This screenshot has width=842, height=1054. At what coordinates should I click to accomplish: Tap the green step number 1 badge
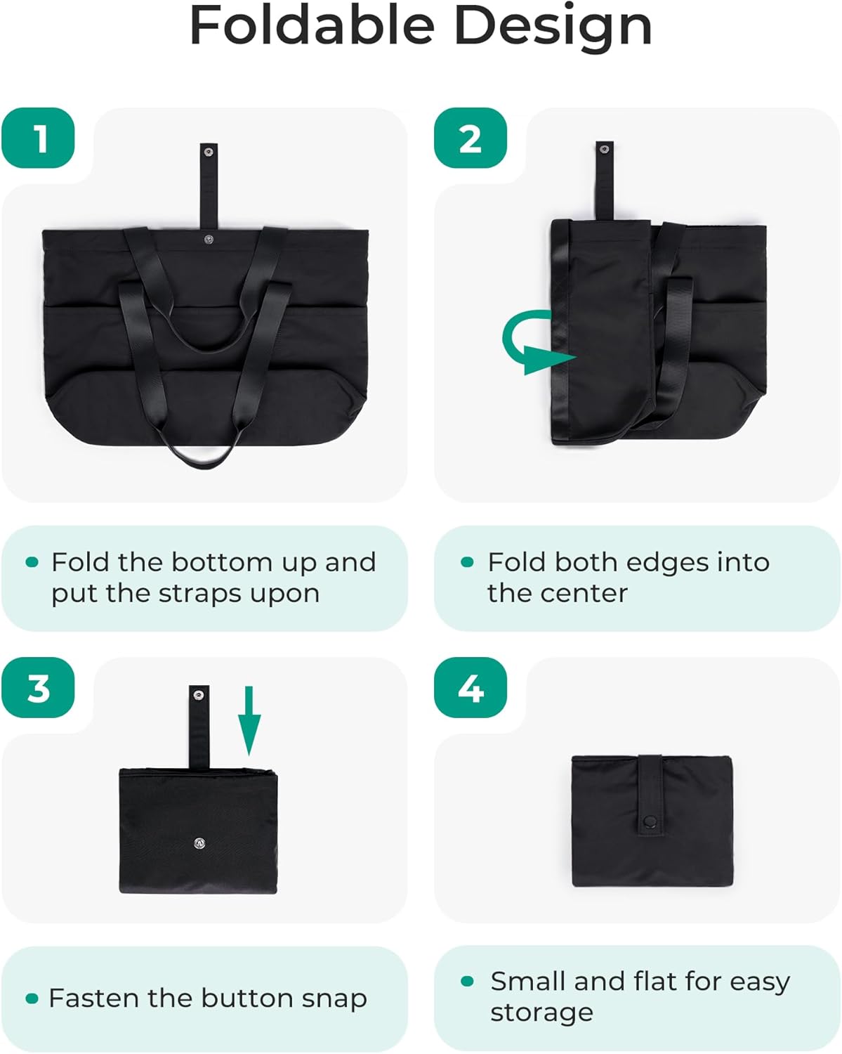(39, 138)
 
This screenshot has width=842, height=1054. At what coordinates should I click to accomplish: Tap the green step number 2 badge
(470, 138)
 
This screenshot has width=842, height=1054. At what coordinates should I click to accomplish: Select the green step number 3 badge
(39, 688)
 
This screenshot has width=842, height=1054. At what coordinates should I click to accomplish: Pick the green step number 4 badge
(470, 688)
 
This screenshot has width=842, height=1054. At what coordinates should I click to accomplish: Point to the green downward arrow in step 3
(249, 720)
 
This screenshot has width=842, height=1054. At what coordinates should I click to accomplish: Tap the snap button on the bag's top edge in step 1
(209, 240)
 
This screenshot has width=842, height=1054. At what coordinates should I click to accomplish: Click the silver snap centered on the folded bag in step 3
(199, 844)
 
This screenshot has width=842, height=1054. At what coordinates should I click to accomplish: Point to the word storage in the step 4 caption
(541, 1013)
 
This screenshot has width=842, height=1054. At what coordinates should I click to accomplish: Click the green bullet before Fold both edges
(467, 562)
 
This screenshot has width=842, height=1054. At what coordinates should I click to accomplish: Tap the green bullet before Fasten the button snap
(32, 998)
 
